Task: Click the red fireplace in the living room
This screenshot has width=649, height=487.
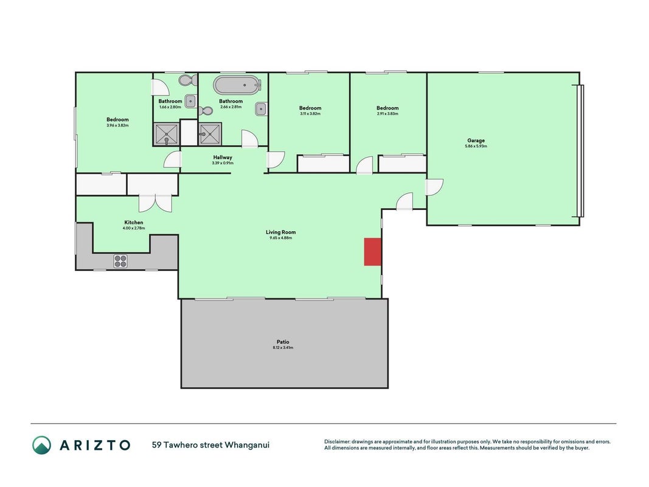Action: point(372,252)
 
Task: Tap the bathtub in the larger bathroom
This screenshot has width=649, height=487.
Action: point(238,85)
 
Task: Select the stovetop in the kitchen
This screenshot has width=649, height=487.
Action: point(120,261)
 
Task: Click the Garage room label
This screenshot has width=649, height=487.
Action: point(476,141)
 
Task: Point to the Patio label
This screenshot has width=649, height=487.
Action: point(283,342)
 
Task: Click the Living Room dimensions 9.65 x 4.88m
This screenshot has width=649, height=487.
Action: point(281,238)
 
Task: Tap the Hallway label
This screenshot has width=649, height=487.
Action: point(223,158)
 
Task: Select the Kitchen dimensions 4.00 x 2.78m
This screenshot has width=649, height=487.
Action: point(134,228)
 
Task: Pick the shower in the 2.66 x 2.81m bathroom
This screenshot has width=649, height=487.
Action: point(210,134)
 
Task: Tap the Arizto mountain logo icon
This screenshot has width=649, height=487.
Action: point(42,445)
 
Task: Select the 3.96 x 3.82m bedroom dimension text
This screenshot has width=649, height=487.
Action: point(117,125)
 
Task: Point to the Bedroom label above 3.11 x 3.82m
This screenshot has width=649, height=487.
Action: point(310,108)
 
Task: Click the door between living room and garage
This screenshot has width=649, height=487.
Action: point(435,187)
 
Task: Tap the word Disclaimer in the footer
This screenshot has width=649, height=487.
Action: point(337,442)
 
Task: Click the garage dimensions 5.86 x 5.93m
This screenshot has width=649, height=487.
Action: point(476,146)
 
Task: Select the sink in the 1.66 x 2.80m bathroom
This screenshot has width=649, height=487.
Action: point(190,101)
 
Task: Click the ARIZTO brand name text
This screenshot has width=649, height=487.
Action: point(95,445)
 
